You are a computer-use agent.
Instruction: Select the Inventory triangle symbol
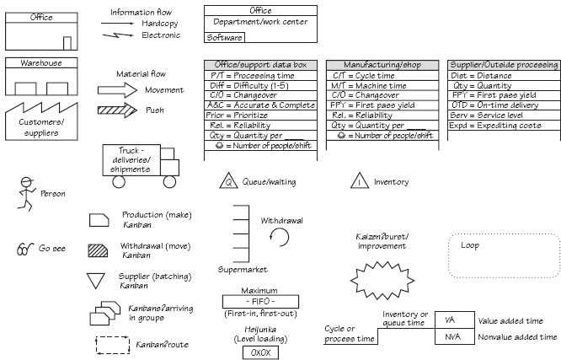click(x=359, y=181)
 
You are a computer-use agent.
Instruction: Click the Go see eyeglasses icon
click(x=24, y=249)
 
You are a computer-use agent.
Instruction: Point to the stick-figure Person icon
click(x=26, y=194)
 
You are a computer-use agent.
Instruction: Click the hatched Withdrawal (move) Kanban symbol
click(x=99, y=250)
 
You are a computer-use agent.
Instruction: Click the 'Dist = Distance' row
click(x=504, y=75)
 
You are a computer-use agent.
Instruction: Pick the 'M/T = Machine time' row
click(x=382, y=85)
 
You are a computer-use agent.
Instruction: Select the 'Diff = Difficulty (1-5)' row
click(x=259, y=85)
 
